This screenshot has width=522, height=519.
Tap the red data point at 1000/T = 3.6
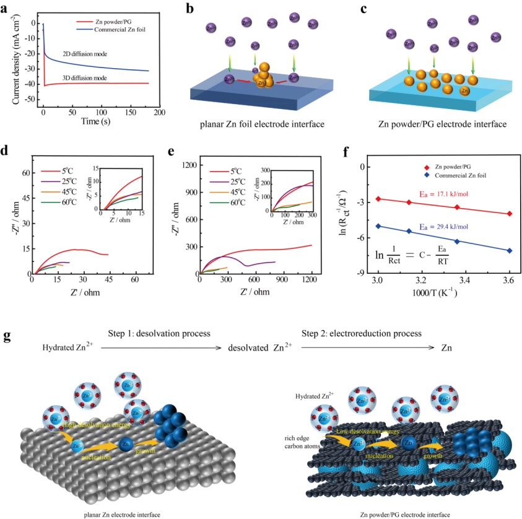click(x=510, y=214)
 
